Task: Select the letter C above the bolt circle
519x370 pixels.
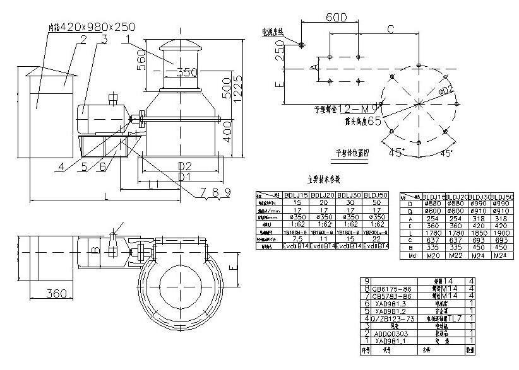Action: click(x=391, y=29)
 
